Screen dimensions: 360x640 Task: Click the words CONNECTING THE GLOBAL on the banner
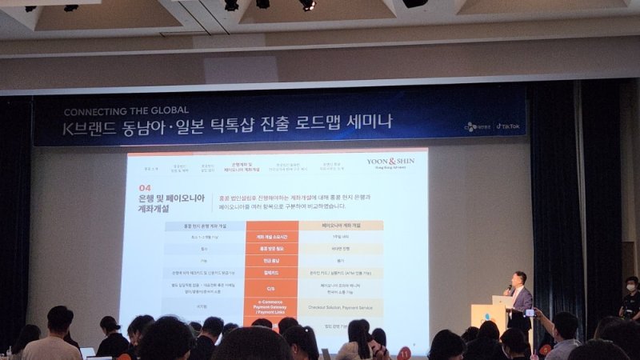pos(126,110)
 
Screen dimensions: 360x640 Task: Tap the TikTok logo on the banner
pos(508,126)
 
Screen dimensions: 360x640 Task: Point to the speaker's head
pos(520,278)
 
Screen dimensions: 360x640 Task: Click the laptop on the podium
pos(502,302)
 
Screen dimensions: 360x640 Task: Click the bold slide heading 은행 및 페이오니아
pos(168,198)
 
